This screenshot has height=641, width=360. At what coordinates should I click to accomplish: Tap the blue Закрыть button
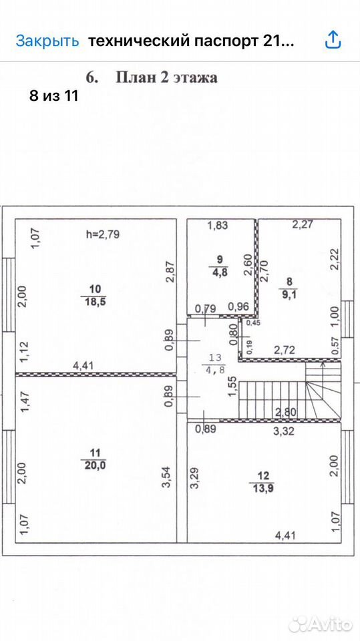(x=47, y=41)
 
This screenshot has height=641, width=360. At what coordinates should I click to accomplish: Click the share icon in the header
(x=333, y=40)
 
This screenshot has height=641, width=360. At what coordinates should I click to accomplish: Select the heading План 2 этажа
(x=166, y=77)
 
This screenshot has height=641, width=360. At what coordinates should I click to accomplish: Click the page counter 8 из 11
(x=53, y=96)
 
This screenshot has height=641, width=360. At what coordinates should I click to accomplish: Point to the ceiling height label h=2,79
(x=103, y=234)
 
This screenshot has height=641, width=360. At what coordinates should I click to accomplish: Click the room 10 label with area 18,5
(x=94, y=296)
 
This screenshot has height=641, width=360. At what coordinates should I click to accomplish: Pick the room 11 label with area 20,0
(x=94, y=459)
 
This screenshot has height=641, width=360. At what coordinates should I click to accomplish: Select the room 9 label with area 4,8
(x=220, y=265)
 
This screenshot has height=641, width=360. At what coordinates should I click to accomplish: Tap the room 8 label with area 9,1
(x=289, y=287)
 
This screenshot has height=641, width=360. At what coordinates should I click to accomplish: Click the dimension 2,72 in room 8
(x=284, y=351)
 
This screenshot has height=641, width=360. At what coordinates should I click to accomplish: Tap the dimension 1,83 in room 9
(x=217, y=225)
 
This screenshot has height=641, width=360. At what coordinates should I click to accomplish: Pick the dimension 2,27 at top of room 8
(x=302, y=224)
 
